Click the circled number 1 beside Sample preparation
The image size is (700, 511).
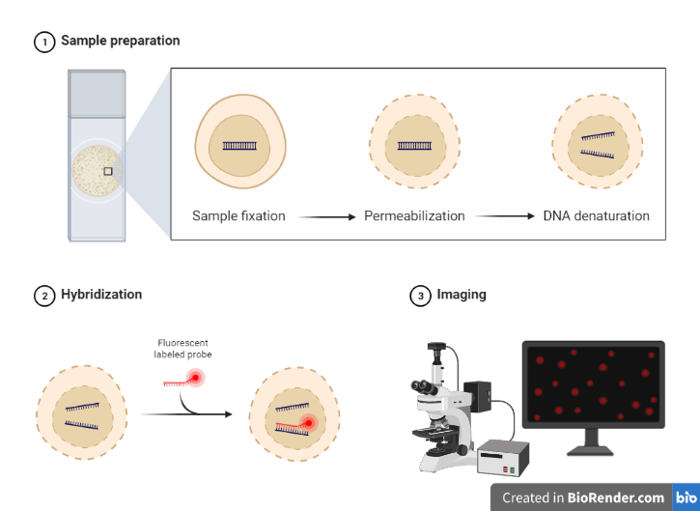click(44, 43)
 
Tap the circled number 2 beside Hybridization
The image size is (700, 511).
click(44, 297)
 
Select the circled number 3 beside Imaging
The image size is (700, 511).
click(421, 297)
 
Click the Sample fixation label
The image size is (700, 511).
click(238, 216)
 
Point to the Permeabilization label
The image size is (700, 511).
click(414, 216)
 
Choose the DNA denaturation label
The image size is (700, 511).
click(597, 216)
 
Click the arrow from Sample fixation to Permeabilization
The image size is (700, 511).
click(326, 217)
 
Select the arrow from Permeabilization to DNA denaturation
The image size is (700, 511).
click(504, 216)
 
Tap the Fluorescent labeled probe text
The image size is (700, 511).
click(183, 349)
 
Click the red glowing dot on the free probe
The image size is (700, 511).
click(196, 378)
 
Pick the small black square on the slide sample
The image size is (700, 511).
click(108, 171)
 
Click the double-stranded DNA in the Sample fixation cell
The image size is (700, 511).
click(239, 146)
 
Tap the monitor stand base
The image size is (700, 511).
click(591, 451)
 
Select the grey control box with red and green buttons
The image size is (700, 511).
click(503, 458)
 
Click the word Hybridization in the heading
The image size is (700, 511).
click(101, 295)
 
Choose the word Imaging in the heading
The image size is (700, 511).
click(462, 295)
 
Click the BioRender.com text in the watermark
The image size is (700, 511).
click(616, 497)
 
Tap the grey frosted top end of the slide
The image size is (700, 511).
click(97, 94)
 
